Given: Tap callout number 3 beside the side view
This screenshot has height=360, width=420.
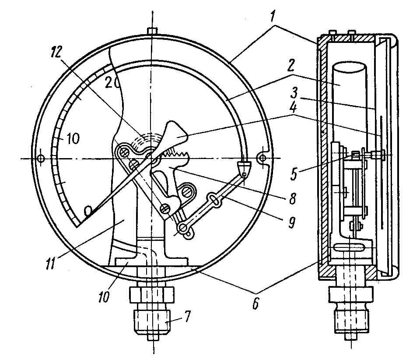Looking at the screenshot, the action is pyautogui.click(x=294, y=93).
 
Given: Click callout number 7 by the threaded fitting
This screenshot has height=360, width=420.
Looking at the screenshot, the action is pyautogui.click(x=187, y=316).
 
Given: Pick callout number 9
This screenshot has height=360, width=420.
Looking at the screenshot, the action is pyautogui.click(x=291, y=222).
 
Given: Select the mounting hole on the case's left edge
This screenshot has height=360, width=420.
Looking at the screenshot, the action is pyautogui.click(x=40, y=159).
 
